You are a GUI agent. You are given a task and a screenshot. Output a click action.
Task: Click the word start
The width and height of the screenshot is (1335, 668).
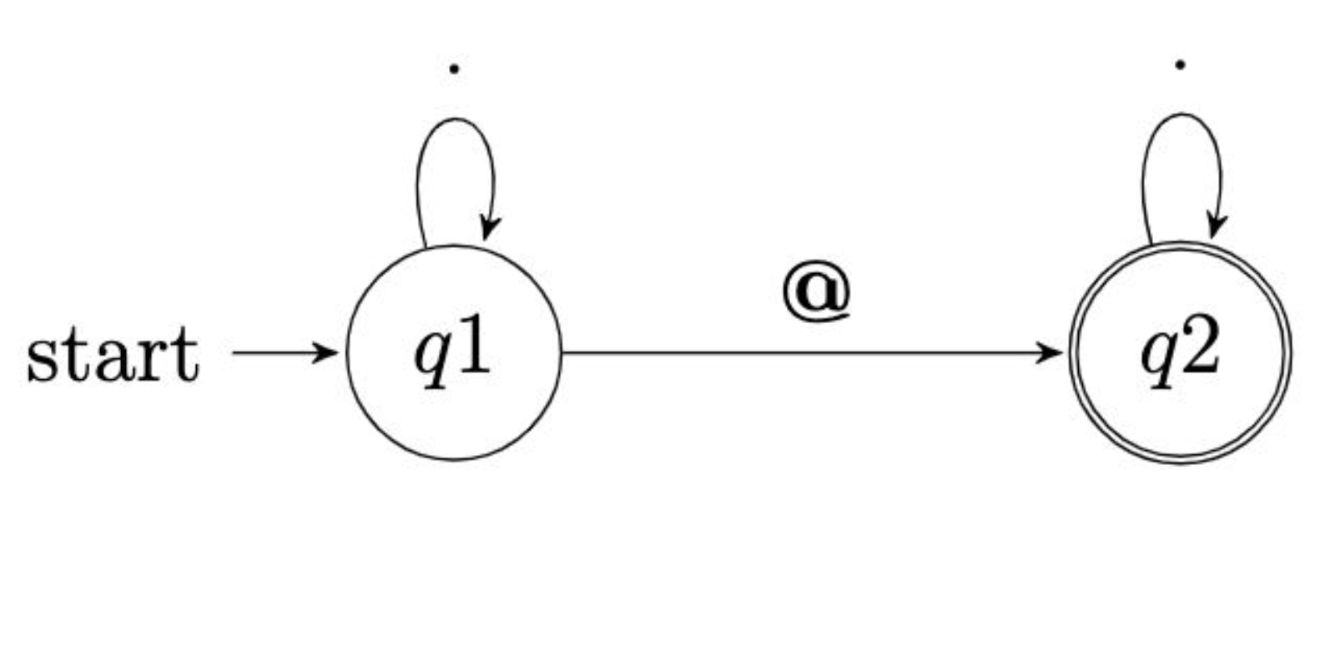113,355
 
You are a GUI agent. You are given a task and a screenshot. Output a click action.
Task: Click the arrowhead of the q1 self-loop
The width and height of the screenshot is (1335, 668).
489,228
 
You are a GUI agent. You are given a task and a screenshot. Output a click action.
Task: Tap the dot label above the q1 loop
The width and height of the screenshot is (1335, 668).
453,69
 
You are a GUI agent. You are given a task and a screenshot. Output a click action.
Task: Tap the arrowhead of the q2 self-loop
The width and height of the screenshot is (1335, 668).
1217,225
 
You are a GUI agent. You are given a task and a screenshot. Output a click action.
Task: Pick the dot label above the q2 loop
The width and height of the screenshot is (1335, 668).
1180,64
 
